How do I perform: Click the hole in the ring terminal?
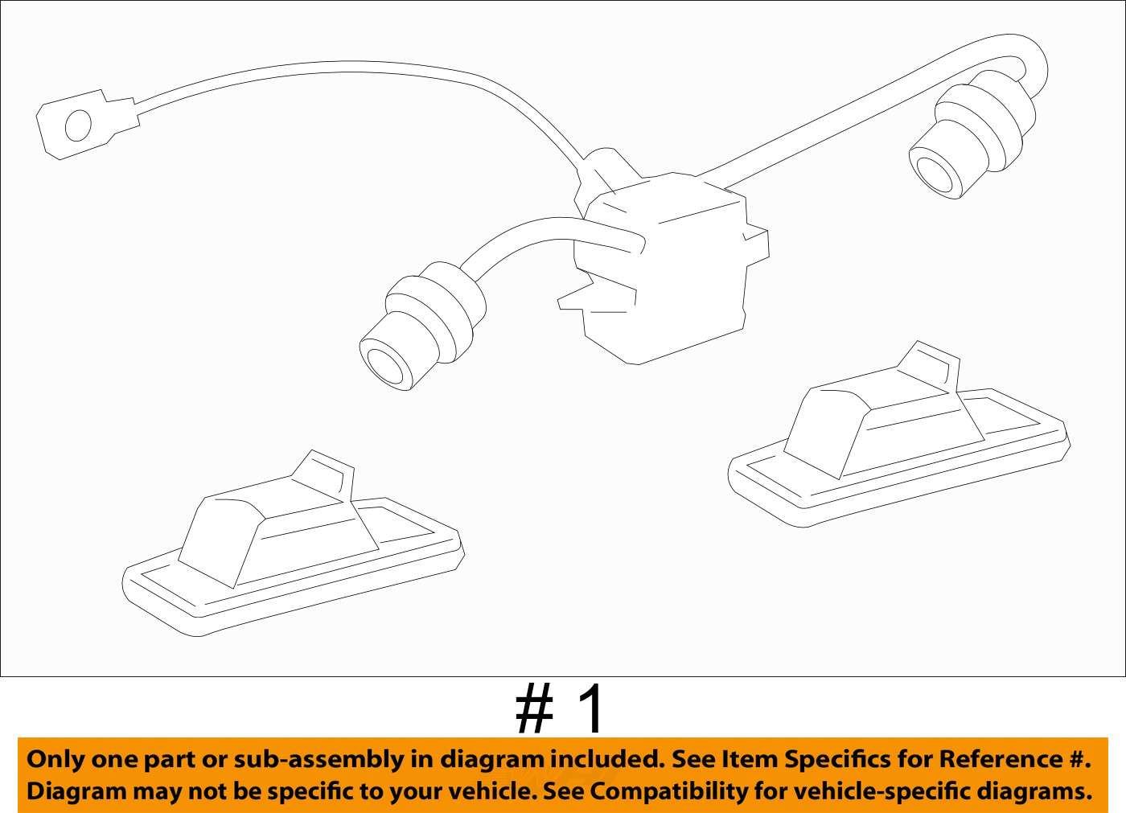click(78, 126)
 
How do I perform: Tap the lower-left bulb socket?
click(418, 330)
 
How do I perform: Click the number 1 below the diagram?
click(591, 709)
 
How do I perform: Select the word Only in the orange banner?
click(55, 759)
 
